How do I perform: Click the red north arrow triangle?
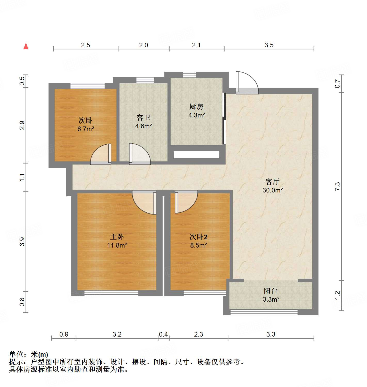[x=26, y=46]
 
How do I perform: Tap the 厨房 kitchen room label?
[x=196, y=107]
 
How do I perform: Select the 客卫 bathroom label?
[x=143, y=118]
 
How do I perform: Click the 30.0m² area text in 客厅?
[x=273, y=190]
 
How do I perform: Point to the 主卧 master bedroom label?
[x=117, y=237]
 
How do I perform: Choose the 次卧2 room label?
[x=198, y=237]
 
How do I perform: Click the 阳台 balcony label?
[x=270, y=291]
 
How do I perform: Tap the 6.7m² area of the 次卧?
[x=86, y=129]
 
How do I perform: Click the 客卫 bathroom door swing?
[x=139, y=154]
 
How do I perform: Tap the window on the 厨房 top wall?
[x=189, y=75]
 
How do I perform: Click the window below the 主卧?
[x=111, y=293]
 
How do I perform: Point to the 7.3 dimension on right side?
[x=337, y=187]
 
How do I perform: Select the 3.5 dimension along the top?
[x=269, y=45]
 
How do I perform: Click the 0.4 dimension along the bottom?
[x=163, y=334]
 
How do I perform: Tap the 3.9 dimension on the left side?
[x=22, y=242]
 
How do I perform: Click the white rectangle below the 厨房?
[x=196, y=155]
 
